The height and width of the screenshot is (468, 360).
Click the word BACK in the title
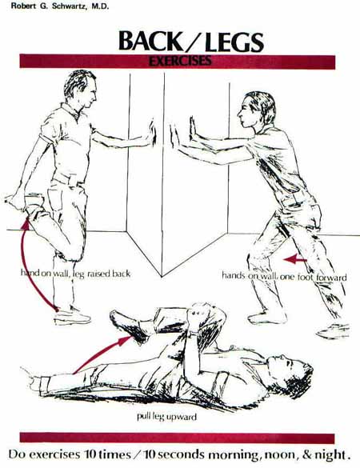[x=150, y=41]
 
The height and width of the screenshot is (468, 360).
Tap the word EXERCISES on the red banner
[x=180, y=61]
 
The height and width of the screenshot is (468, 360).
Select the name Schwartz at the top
[x=68, y=6]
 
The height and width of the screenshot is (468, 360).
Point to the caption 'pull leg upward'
[x=167, y=416]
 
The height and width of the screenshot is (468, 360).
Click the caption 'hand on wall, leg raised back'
[x=75, y=273]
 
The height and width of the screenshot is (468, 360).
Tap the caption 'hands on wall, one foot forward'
[x=284, y=276]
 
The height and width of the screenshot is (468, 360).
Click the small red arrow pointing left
[x=295, y=259]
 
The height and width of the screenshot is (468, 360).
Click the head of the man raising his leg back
[x=81, y=89]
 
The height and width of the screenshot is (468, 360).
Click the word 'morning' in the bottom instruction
[x=233, y=455]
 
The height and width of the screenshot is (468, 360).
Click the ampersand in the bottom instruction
[x=307, y=454]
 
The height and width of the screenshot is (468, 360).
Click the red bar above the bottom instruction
[x=177, y=438]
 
